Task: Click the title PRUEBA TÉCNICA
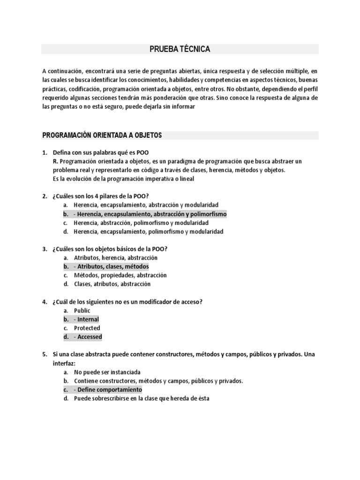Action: (180, 49)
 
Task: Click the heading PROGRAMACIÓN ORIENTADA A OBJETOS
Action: (102, 135)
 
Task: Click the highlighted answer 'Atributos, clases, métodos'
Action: (113, 266)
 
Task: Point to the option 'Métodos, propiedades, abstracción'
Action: (120, 275)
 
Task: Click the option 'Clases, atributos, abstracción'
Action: (112, 284)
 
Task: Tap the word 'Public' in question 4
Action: (82, 310)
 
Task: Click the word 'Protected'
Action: (87, 328)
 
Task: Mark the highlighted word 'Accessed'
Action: (90, 337)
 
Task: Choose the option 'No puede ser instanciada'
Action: (107, 372)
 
